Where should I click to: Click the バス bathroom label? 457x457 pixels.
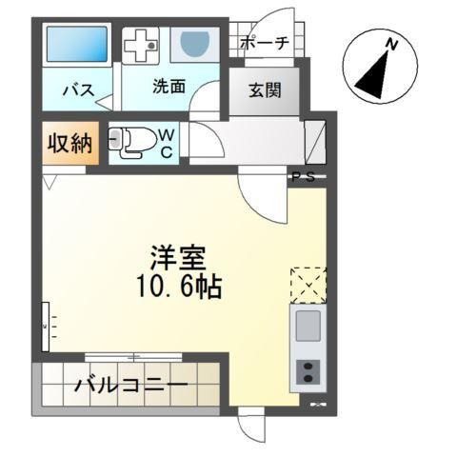(77, 90)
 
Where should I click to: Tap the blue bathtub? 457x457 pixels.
(77, 45)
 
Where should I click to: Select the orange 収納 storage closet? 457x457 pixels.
(70, 144)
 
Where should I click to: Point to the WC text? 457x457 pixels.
(166, 143)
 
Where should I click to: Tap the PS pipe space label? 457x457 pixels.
(302, 176)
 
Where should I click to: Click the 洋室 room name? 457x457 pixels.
(178, 257)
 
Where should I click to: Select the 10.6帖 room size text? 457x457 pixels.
(178, 286)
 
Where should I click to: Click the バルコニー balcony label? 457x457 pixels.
(130, 388)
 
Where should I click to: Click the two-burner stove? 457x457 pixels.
(308, 372)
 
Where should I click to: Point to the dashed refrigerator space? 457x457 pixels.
(308, 282)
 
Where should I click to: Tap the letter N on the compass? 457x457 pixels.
(390, 44)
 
